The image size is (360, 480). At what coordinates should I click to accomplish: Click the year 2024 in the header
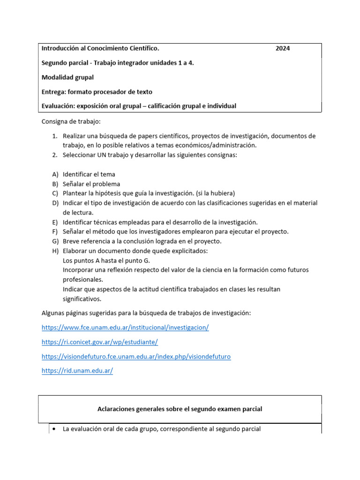click(x=282, y=48)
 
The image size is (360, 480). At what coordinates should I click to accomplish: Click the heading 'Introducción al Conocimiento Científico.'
click(x=100, y=48)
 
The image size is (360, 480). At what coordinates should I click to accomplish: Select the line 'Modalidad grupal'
click(x=67, y=77)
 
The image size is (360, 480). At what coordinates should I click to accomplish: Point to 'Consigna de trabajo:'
click(x=71, y=121)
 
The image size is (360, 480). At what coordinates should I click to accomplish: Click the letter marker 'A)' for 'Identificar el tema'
click(x=54, y=174)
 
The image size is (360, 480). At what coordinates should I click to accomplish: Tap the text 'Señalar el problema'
click(x=91, y=184)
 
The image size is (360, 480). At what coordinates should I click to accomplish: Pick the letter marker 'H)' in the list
click(x=54, y=251)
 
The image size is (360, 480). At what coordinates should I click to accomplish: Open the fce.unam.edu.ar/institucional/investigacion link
click(x=125, y=328)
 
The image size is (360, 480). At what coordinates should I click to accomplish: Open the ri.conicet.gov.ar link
click(x=99, y=342)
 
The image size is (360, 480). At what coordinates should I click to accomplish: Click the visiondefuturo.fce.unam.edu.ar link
click(x=136, y=357)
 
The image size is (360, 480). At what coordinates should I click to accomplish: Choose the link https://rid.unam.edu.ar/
click(x=77, y=371)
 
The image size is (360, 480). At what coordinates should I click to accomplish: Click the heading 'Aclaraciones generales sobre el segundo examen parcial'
click(x=180, y=409)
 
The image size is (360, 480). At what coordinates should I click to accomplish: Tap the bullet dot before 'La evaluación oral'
click(x=55, y=429)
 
